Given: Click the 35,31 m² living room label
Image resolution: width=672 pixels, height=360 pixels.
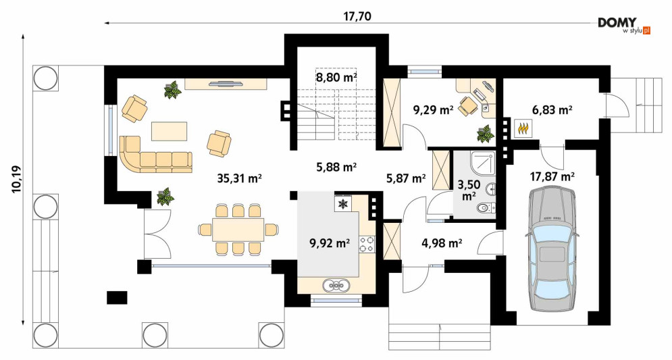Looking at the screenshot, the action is click(240, 178).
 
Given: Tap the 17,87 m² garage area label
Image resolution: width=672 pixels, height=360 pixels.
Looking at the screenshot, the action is click(552, 176).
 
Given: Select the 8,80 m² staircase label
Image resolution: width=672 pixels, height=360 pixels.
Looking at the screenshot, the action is click(336, 78).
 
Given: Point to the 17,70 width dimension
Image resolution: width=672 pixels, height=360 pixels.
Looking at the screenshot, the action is click(357, 17).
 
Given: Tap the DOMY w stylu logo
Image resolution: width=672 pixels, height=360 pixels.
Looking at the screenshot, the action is click(624, 26).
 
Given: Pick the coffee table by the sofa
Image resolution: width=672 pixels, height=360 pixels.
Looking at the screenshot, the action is click(169, 131).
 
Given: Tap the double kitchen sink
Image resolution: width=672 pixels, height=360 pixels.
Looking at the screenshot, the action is click(336, 285).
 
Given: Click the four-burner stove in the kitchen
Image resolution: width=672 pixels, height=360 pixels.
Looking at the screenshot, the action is click(367, 244).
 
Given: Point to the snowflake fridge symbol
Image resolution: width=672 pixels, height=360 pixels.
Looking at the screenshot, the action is click(343, 203).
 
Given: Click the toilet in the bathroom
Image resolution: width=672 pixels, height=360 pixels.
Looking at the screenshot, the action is click(486, 208).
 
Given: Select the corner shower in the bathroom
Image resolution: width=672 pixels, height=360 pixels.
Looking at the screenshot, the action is click(483, 163).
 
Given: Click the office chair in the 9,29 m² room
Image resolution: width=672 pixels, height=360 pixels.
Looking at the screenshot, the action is click(468, 105).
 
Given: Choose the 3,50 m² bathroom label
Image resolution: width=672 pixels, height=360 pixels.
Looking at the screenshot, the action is click(469, 190).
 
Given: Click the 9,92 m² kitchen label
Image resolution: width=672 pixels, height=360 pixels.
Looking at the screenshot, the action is click(330, 243).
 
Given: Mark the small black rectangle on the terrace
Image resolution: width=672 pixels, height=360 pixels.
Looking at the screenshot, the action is click(117, 297).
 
